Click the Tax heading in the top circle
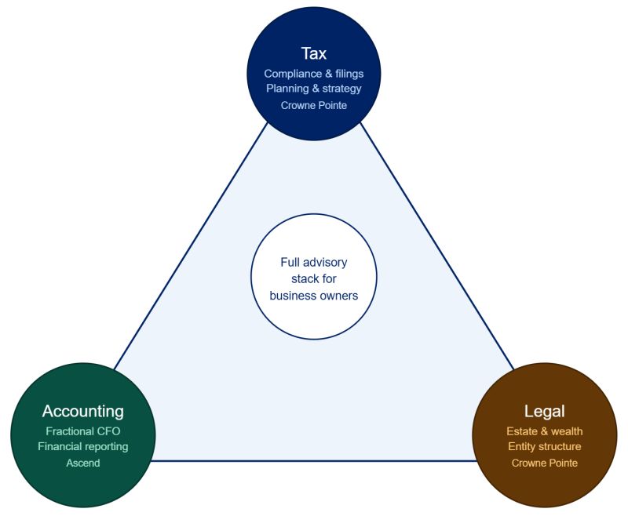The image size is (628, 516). pyautogui.click(x=313, y=53)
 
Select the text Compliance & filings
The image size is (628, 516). pyautogui.click(x=313, y=74)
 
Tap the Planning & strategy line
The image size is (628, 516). pyautogui.click(x=313, y=89)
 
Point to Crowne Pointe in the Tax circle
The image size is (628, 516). pyautogui.click(x=313, y=104)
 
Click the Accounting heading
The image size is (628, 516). pyautogui.click(x=83, y=411)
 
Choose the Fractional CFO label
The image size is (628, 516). pyautogui.click(x=83, y=431)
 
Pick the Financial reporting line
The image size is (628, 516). pyautogui.click(x=83, y=447)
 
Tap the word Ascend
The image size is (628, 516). pyautogui.click(x=83, y=463)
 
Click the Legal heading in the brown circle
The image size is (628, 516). pyautogui.click(x=544, y=411)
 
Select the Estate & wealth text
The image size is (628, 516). pyautogui.click(x=544, y=431)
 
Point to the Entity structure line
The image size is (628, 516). pyautogui.click(x=544, y=447)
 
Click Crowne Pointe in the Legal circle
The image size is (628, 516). pyautogui.click(x=544, y=463)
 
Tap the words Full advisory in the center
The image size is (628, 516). pyautogui.click(x=313, y=263)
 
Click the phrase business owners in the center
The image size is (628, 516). pyautogui.click(x=313, y=296)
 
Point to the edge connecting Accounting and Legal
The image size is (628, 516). pyautogui.click(x=314, y=460)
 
